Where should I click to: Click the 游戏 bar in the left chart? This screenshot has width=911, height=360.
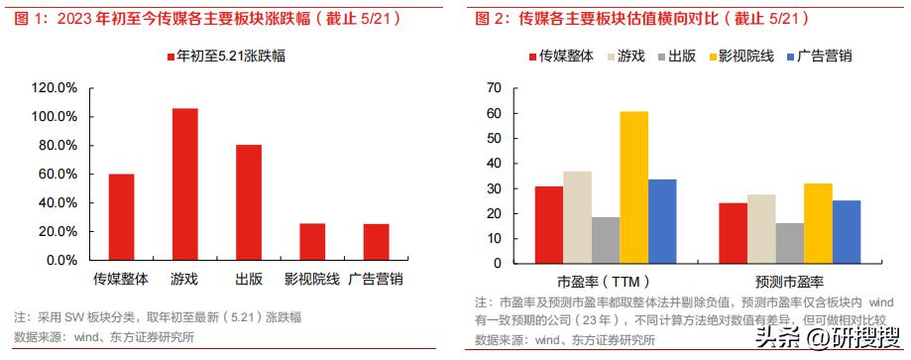(x=184, y=184)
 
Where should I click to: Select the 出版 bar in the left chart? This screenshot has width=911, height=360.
(x=249, y=202)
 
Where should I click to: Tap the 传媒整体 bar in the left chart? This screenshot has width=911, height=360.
(x=121, y=217)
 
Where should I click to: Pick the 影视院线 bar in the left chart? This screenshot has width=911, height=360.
(x=312, y=242)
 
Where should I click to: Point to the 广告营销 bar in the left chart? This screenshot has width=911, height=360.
(x=376, y=242)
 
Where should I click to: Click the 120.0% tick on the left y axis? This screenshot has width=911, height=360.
(x=54, y=88)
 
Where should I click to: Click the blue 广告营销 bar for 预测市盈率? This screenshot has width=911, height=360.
(x=846, y=232)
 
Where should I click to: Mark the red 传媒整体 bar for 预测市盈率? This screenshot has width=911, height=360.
(x=734, y=233)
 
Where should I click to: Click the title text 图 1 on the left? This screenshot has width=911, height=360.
(x=30, y=18)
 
